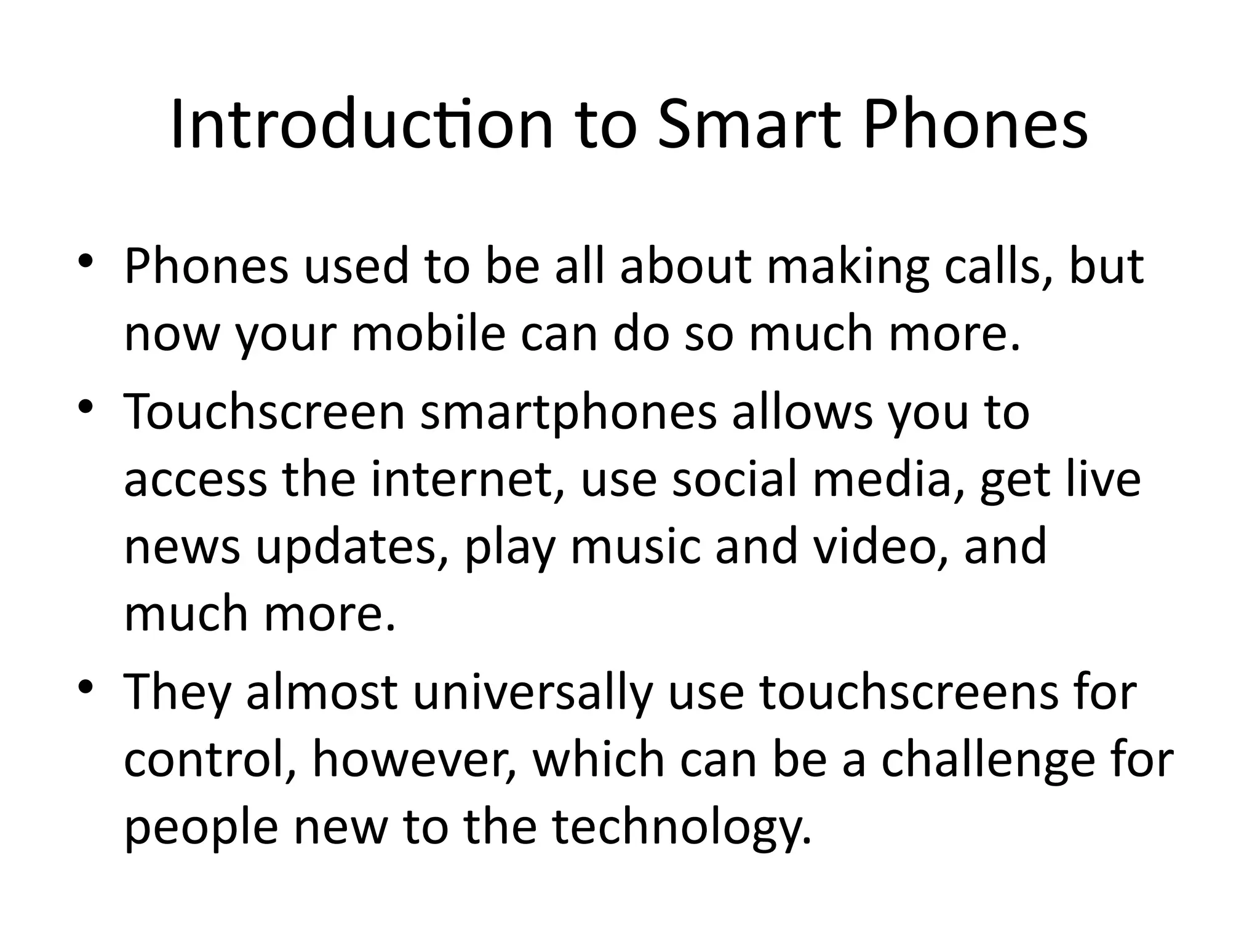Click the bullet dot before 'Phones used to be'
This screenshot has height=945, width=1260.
86,261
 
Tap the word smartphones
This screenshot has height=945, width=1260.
568,413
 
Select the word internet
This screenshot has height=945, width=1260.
468,480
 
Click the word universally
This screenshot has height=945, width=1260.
532,692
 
